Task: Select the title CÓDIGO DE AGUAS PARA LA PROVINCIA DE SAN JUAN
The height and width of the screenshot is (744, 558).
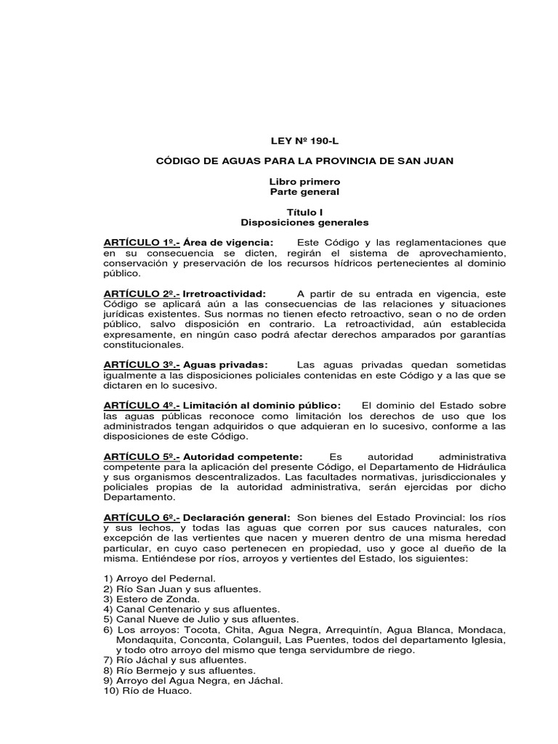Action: (304, 161)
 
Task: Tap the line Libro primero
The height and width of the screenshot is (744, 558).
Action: (304, 182)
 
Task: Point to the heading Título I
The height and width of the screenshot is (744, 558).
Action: (304, 211)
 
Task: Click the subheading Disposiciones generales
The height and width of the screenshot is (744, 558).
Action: (304, 222)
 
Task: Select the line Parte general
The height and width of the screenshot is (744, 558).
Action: (304, 192)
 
